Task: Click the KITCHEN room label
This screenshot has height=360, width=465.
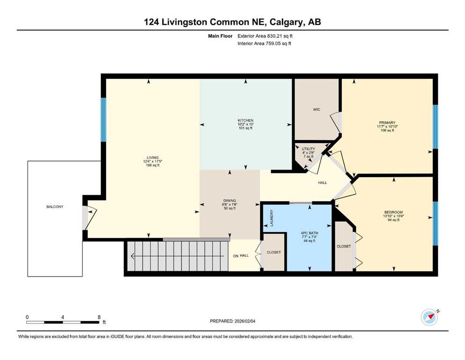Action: tap(245, 120)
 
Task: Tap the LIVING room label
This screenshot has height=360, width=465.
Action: tap(153, 157)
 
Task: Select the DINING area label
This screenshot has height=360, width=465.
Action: tap(229, 201)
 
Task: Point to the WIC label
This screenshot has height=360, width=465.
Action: tap(317, 110)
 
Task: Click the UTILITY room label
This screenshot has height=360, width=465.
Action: tap(309, 149)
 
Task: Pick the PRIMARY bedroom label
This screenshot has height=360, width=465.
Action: tap(387, 122)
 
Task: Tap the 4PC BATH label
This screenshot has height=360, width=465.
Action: tap(310, 233)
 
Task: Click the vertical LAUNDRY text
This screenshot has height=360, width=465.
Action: tap(272, 218)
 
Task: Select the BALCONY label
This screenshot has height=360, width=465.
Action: tap(55, 207)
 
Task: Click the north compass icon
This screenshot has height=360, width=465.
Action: tap(429, 317)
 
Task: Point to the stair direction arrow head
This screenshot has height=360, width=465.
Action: tap(133, 256)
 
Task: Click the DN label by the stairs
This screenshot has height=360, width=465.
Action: tap(236, 256)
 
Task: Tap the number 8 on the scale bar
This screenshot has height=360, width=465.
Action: tap(99, 317)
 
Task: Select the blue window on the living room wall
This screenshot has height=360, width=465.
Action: tap(103, 120)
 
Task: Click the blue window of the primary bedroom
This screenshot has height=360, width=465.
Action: tap(435, 127)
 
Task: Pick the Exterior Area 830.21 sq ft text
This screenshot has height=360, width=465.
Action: tap(265, 36)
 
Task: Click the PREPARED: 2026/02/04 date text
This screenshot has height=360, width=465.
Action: tap(232, 321)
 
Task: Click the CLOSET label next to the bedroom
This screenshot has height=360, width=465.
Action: tap(344, 247)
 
